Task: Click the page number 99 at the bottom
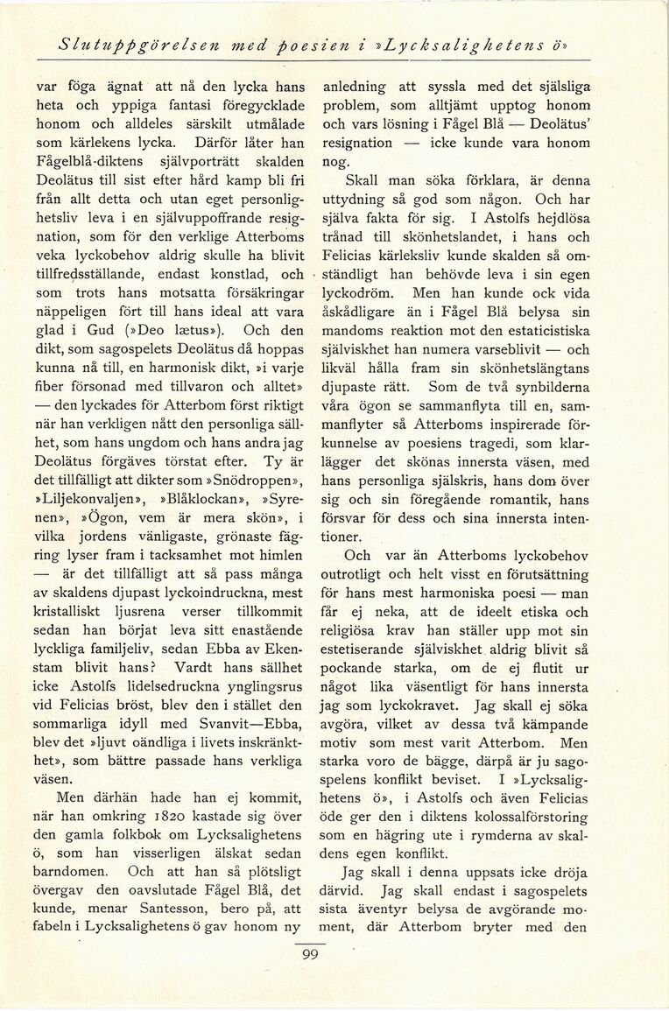coord(309,955)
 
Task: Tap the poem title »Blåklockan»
coord(187,499)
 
